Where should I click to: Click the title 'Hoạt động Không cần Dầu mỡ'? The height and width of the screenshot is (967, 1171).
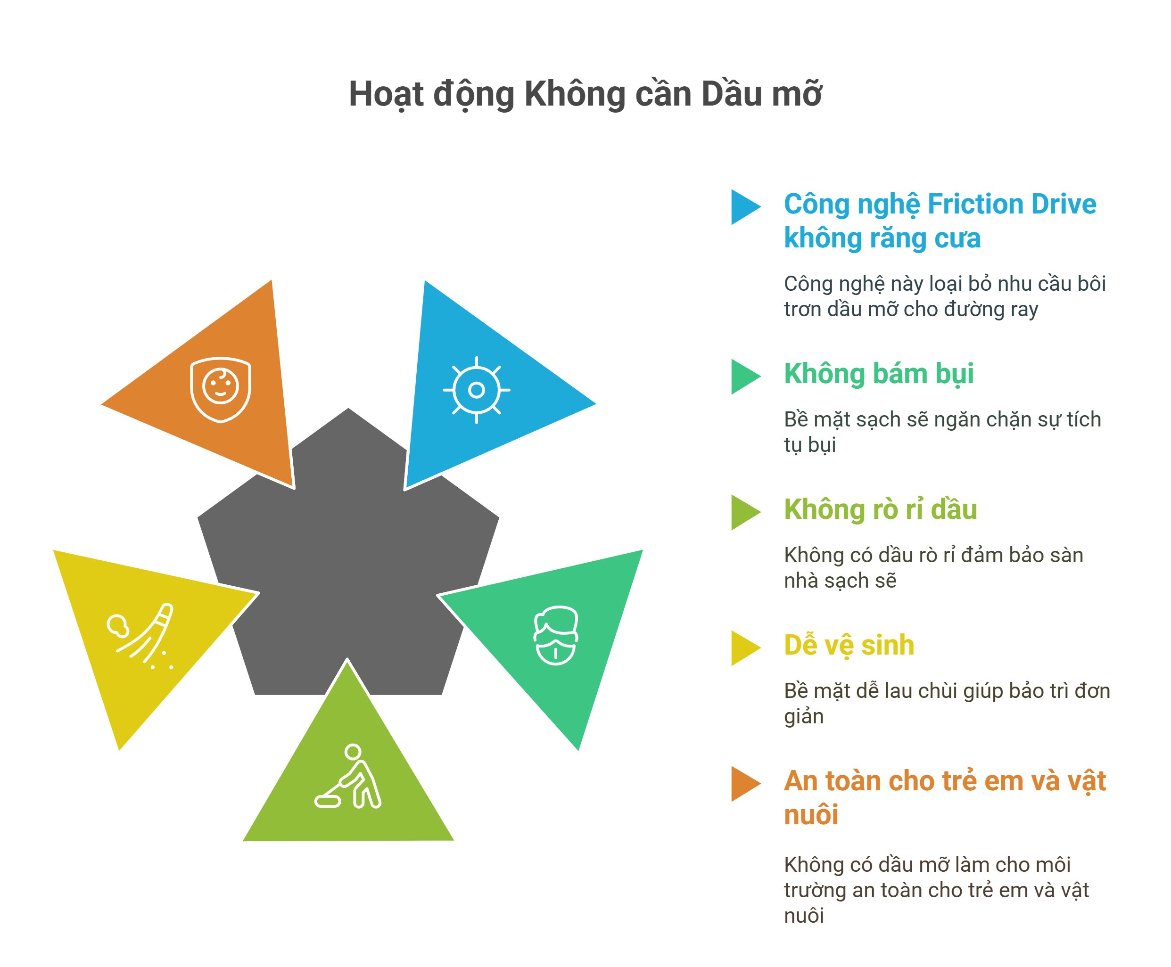click(x=585, y=94)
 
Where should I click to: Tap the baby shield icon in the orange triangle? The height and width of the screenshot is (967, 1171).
click(x=221, y=389)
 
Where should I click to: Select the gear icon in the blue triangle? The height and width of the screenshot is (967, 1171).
click(x=476, y=390)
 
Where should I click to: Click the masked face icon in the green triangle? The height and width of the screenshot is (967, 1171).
click(x=555, y=636)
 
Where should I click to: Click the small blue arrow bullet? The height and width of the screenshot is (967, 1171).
click(x=744, y=207)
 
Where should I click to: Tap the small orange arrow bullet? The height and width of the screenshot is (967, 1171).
click(x=744, y=784)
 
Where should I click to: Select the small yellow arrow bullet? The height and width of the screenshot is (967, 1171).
click(x=744, y=648)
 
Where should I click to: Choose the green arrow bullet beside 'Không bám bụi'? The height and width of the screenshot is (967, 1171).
click(x=744, y=377)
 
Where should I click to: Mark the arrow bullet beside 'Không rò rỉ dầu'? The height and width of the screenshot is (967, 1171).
click(x=744, y=512)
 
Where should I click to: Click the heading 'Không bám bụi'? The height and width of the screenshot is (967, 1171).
click(x=879, y=374)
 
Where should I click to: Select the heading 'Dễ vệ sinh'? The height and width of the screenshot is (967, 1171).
click(x=849, y=645)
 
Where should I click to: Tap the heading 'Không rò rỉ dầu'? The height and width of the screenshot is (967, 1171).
click(x=880, y=509)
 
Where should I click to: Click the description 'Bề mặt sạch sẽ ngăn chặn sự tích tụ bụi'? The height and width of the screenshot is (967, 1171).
click(x=941, y=432)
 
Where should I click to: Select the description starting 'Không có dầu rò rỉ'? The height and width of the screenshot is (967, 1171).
click(x=933, y=567)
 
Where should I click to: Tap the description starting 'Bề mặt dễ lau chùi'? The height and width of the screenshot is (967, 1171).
click(x=946, y=703)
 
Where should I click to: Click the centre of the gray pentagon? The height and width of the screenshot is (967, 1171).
click(x=348, y=563)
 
